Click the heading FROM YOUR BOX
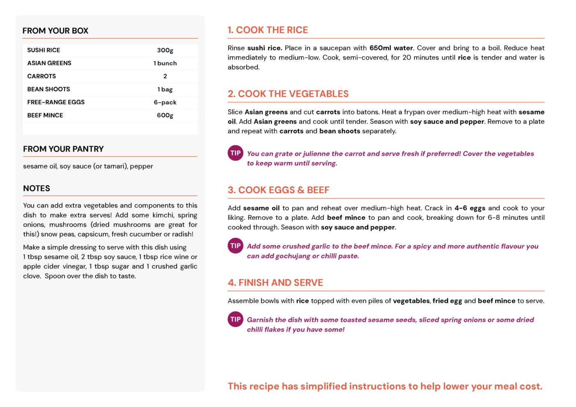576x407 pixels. tap(55, 31)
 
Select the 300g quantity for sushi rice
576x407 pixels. tap(165, 50)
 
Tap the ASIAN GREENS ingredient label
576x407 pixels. tap(49, 63)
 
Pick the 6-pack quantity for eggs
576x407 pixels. tap(165, 102)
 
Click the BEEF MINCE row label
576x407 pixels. tap(45, 115)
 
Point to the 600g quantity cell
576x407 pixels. tap(165, 115)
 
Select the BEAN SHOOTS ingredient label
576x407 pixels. tap(48, 89)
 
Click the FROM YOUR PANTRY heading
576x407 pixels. tap(63, 149)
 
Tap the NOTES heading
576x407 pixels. tap(37, 188)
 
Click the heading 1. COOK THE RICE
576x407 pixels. tap(268, 30)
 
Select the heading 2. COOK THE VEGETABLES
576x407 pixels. tap(288, 94)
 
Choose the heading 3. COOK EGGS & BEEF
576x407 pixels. tap(278, 190)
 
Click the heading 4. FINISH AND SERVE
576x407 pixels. tap(275, 283)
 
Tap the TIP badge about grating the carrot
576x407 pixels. tap(235, 153)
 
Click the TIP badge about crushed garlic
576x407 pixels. tap(235, 246)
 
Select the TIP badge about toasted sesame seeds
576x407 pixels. tap(235, 319)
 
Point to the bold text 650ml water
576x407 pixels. tap(391, 48)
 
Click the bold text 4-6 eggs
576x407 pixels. tap(470, 208)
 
